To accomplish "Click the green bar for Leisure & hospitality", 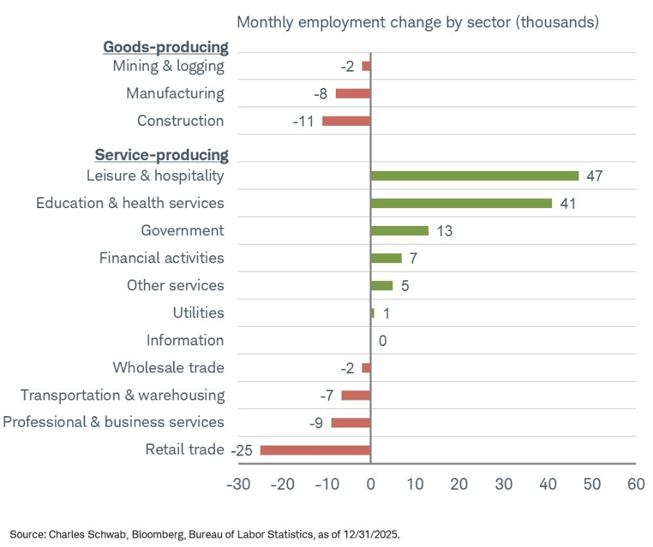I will coord(474,176).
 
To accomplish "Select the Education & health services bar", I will coord(461,203).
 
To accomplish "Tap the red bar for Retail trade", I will coord(315,450).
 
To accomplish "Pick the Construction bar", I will coord(346,121).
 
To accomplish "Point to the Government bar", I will coord(399,230).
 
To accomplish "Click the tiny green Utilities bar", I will coord(372,313).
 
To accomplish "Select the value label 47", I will coord(594,176).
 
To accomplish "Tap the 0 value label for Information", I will coord(382,341).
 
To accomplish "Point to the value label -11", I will coord(304,122).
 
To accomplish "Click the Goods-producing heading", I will coord(165,47).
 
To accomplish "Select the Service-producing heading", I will coord(161,155).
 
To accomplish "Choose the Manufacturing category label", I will coord(175,94).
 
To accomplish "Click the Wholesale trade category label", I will coord(168,368).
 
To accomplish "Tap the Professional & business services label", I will coord(113,423).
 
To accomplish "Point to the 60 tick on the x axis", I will coord(635,484).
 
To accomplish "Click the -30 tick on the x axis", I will coord(238,484).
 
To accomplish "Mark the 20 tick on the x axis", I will coord(459,484).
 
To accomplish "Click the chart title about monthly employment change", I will coord(417,22).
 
